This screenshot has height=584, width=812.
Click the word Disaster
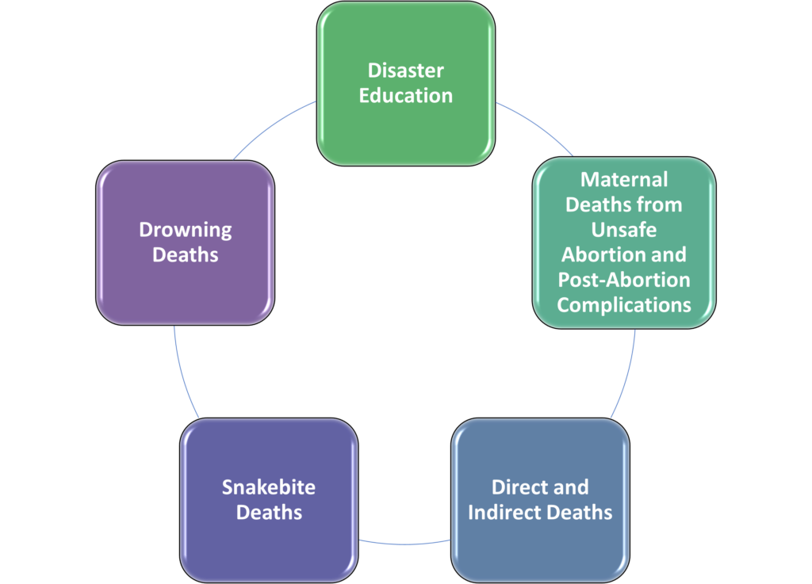[x=405, y=71]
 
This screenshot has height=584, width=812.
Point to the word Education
[x=405, y=96]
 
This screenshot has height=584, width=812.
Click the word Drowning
[x=185, y=230]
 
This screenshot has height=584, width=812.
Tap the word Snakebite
[x=269, y=487]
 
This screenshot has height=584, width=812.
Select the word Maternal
[x=624, y=179]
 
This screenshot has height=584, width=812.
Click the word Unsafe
[x=624, y=230]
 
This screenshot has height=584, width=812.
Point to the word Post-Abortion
[x=624, y=280]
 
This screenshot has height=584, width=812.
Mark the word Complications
[x=624, y=305]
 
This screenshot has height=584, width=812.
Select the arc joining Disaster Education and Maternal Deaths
[x=536, y=126]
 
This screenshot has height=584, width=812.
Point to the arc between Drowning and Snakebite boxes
[x=182, y=372]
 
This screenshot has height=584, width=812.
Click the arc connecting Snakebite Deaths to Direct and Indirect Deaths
[x=404, y=544]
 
